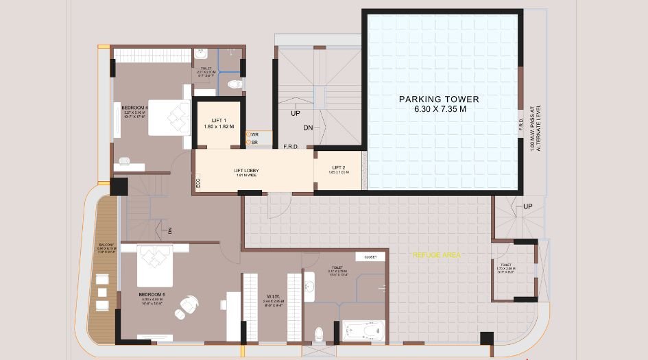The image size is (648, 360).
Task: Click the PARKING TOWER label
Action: tap(439, 99)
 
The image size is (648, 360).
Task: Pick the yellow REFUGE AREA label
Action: tap(436, 255)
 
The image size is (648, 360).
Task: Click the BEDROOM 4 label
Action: tap(134, 108)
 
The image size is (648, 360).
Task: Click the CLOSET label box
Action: tap(370, 257)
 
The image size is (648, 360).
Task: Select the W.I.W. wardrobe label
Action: tap(273, 297)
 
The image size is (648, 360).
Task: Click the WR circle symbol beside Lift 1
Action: tap(248, 134)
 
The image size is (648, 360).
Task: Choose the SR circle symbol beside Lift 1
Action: tap(248, 143)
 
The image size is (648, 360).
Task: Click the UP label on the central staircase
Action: tap(296, 113)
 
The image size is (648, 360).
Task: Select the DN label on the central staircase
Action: tap(309, 128)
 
